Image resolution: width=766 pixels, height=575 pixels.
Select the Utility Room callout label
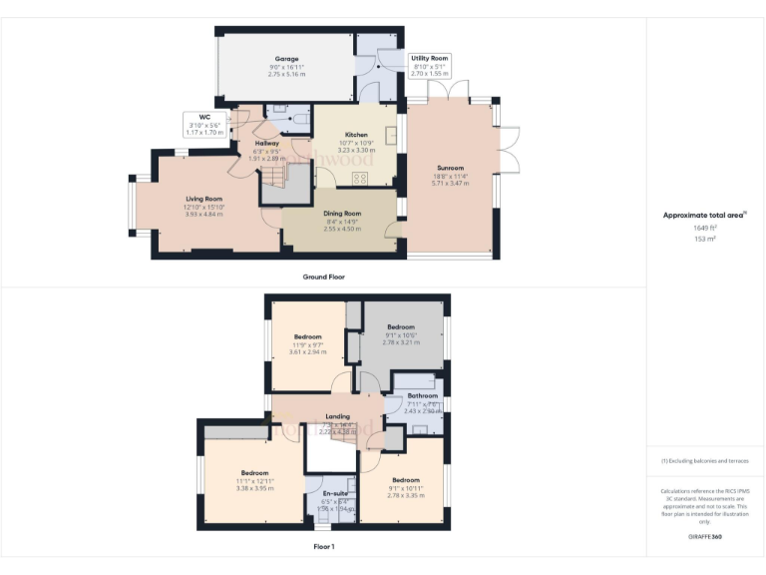pos(430,59)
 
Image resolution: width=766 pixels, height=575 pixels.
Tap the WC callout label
pos(204,116)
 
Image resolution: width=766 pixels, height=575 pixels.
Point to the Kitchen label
pos(356,135)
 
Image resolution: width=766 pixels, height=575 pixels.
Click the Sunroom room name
pos(450,168)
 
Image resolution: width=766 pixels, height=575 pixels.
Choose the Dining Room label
pos(341,213)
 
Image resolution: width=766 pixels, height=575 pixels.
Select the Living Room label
pos(203,199)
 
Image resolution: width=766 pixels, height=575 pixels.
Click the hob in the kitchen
pos(358,178)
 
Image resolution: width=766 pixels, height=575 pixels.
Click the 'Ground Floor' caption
pos(324,276)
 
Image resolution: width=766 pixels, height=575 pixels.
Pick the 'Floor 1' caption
pos(324,546)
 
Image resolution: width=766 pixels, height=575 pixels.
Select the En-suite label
pos(336,493)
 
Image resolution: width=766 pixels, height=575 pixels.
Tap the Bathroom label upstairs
pos(423,395)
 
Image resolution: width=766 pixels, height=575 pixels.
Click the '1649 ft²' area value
pos(706,228)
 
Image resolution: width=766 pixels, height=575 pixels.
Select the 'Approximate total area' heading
pos(704,215)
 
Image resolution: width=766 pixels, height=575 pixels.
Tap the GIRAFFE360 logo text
pos(705,537)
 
